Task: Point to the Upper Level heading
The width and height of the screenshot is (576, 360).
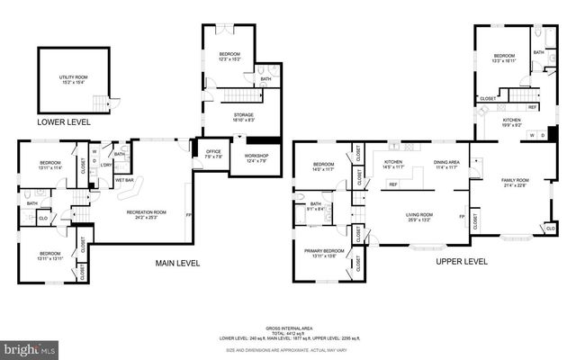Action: tap(462, 262)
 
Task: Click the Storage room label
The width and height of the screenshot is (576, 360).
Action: tap(243, 117)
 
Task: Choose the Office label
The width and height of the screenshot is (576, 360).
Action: tap(213, 153)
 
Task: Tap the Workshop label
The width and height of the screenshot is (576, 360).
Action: tap(256, 159)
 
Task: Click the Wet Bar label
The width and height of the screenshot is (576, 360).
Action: tap(124, 180)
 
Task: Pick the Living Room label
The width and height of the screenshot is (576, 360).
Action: tap(418, 217)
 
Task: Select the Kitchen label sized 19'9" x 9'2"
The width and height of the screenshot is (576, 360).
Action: tap(511, 122)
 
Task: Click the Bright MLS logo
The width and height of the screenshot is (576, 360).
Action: tap(30, 347)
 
